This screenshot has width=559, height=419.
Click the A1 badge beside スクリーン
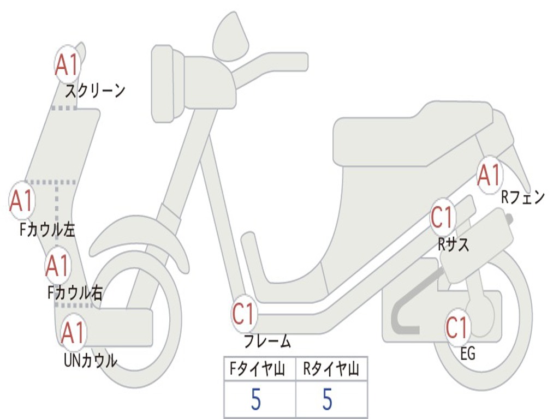[68, 65]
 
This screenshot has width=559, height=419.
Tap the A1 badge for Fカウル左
[22, 201]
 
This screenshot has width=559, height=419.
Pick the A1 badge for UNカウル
[73, 332]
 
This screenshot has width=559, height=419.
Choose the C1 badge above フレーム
[244, 314]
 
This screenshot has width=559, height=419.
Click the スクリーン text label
[96, 90]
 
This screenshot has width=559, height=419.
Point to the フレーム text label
[267, 342]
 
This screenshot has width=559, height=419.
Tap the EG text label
[468, 354]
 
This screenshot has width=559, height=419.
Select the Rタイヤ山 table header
[331, 370]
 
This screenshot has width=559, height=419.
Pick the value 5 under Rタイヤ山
[328, 400]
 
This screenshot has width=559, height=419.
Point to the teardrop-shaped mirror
[230, 37]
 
